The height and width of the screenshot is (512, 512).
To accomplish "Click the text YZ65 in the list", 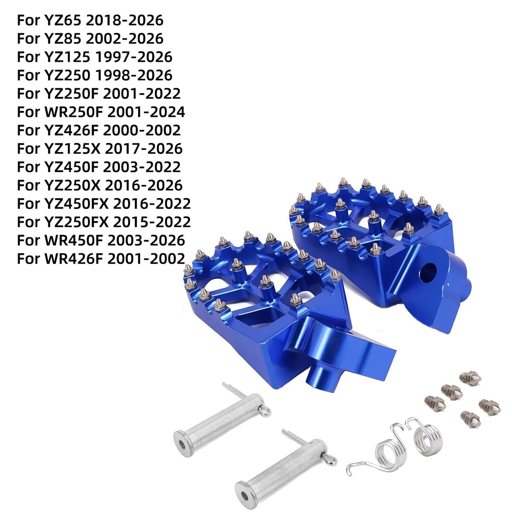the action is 62,20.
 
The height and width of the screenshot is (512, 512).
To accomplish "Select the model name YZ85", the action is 62,38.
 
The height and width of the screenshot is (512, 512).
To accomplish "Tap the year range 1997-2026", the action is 134,57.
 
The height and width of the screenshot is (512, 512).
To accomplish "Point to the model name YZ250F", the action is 72,93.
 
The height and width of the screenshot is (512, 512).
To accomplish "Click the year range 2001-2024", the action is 146,112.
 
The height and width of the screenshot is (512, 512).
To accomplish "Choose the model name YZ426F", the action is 72,130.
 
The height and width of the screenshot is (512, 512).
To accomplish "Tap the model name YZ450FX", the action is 77,204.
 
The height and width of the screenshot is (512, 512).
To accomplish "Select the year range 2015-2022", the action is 152,222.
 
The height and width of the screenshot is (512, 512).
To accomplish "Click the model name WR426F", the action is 73,259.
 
